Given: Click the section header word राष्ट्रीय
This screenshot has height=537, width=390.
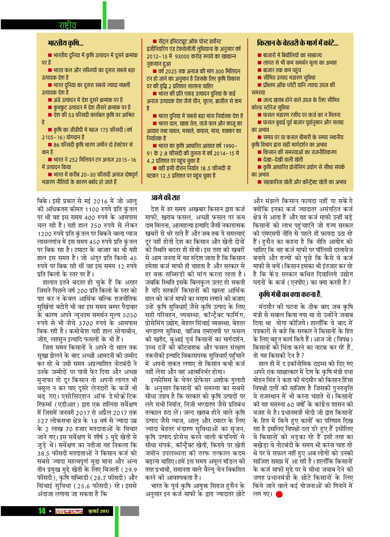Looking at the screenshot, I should coord(67,25).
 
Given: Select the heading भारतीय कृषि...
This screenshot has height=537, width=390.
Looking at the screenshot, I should coord(66,43).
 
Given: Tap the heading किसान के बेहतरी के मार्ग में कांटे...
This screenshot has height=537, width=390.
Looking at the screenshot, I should coord(298,43).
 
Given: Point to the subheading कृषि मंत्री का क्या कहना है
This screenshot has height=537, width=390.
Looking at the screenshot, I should coord(290,294).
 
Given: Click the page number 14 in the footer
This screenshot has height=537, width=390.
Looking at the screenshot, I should coord(42,511).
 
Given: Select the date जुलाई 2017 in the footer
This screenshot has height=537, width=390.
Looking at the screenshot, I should coord(99,511).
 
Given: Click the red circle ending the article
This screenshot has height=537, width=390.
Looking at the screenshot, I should coord(279,494).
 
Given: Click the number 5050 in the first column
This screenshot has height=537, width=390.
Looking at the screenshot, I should coord(130,315).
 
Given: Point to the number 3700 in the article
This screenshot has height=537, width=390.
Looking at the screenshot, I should coord(86,323).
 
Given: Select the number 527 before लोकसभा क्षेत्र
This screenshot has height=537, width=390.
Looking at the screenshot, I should coord(43,421).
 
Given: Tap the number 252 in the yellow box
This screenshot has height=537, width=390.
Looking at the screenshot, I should coord(73,160).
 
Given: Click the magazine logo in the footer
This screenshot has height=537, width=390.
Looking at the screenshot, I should coord(69,511).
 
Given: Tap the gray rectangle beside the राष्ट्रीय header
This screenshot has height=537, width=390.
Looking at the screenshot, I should coord(116,24).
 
